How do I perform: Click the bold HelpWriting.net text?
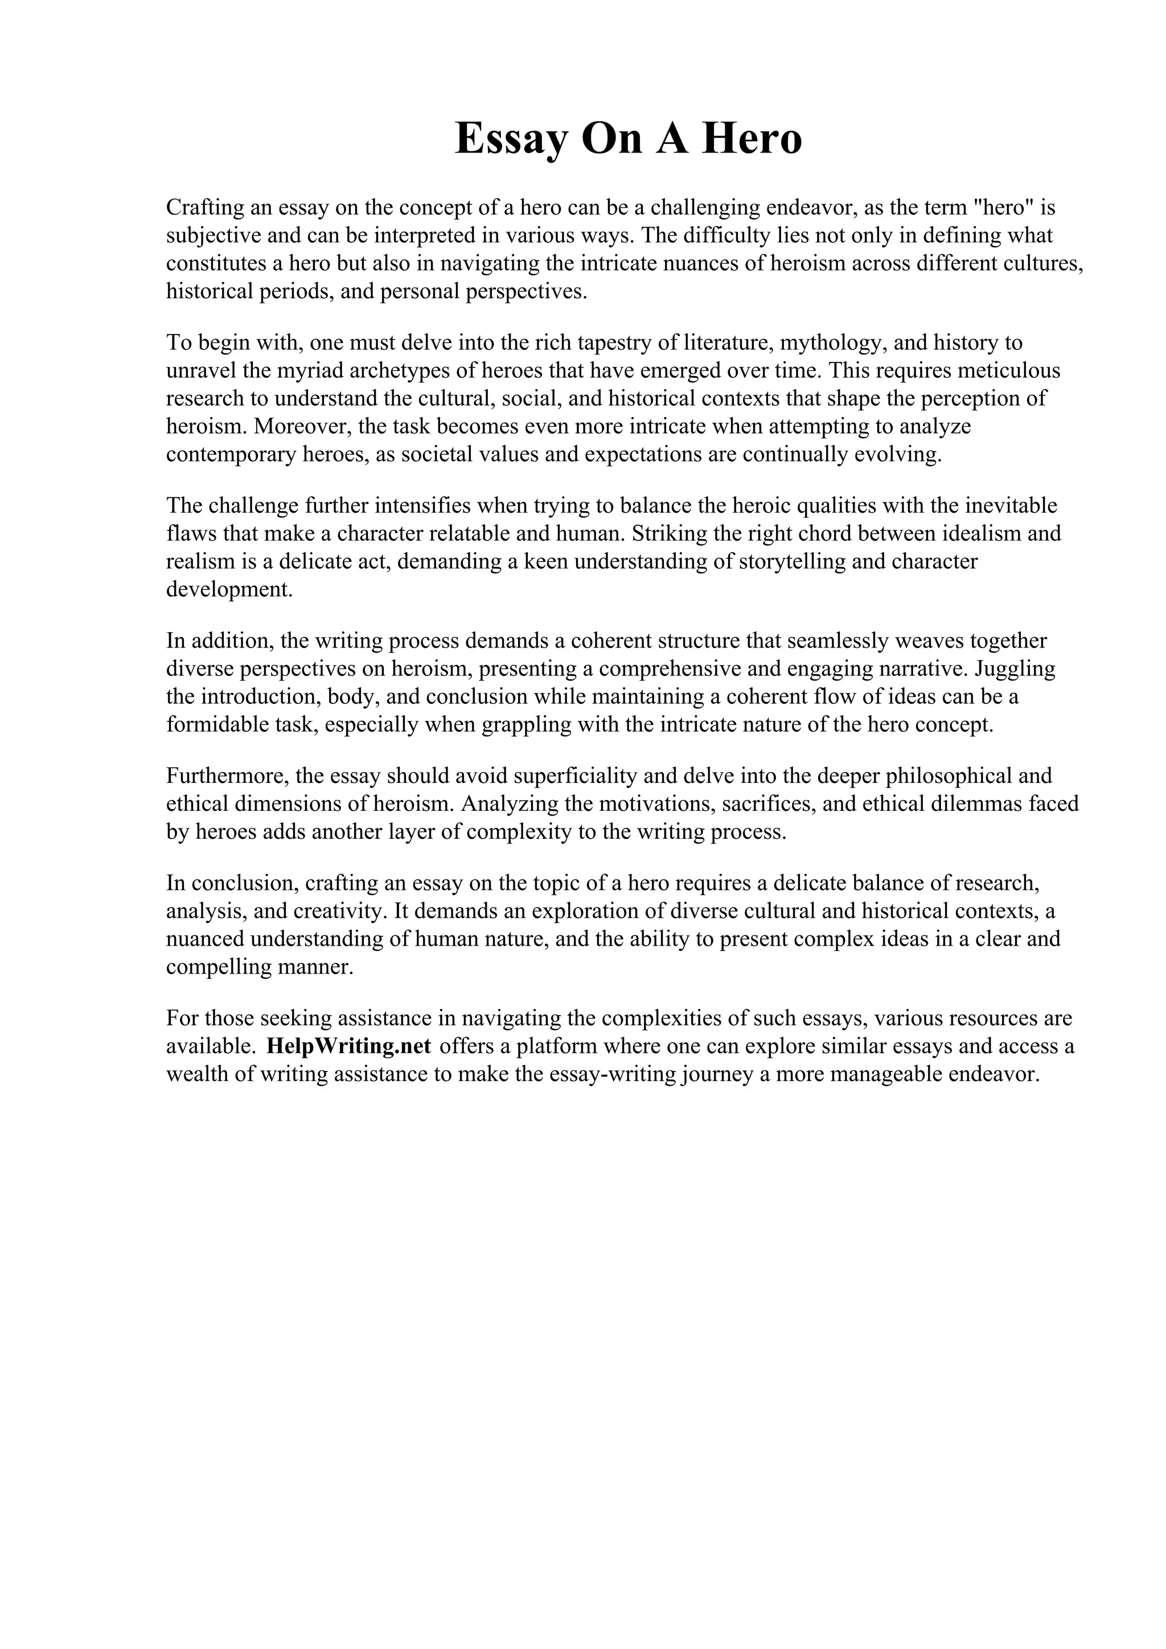point(348,1046)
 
